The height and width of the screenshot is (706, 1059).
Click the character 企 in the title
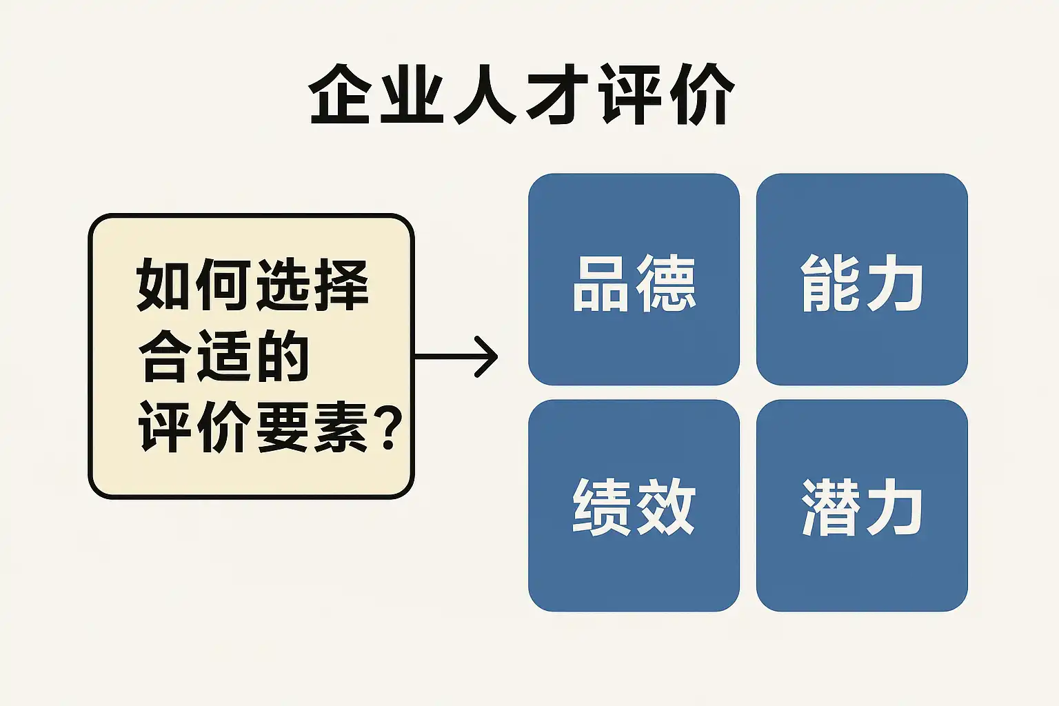click(339, 94)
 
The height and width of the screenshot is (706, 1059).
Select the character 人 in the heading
click(483, 94)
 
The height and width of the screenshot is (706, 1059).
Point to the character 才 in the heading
click(556, 94)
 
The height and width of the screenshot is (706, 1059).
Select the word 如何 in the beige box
click(193, 285)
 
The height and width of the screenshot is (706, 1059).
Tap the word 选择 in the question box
click(312, 285)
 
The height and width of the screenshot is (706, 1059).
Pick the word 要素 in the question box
click(312, 427)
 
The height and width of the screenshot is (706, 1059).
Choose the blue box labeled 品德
click(634, 279)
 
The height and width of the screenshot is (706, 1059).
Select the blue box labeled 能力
click(862, 279)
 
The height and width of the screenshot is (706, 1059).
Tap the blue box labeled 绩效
click(634, 505)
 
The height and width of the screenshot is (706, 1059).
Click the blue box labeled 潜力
click(862, 505)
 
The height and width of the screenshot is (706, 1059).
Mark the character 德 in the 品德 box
click(665, 283)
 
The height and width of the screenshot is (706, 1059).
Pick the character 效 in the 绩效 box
click(665, 507)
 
